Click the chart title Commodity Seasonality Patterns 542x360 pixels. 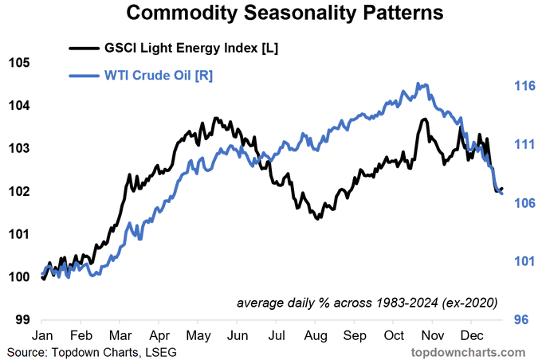coord(285,13)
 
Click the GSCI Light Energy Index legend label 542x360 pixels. coord(191,48)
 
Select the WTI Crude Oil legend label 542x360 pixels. coord(159,76)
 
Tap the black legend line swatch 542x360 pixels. coord(84,48)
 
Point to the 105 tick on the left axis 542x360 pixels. coord(19,63)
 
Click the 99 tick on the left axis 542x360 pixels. coord(23,319)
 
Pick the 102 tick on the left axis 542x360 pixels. coord(19,191)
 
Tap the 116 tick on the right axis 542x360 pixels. coord(524,86)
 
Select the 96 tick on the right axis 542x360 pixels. coord(521,319)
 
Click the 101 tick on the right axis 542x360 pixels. coord(524,261)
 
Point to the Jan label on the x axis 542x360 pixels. coord(42,335)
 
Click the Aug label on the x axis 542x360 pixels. coord(316,336)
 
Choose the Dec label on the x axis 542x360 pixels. coord(472,335)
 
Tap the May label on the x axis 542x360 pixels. coord(198,336)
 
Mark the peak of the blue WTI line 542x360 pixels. coord(418,84)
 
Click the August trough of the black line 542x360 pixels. coord(317,218)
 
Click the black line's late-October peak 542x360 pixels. coord(424,119)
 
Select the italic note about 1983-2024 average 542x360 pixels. coord(367,303)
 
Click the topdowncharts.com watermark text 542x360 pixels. coord(468,352)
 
